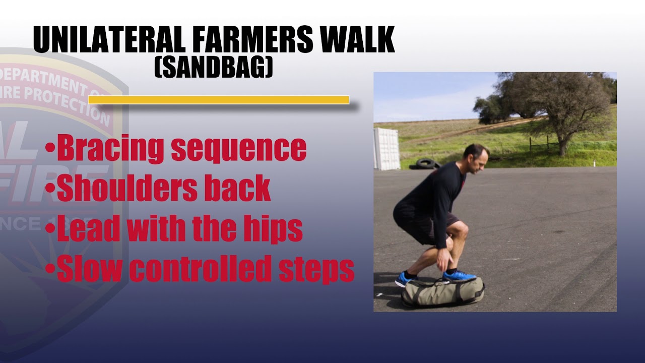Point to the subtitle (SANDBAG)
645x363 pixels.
tap(213, 67)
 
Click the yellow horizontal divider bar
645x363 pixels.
tap(218, 100)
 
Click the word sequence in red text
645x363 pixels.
tap(238, 149)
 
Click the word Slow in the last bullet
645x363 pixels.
tap(90, 268)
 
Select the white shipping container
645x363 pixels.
tap(386, 149)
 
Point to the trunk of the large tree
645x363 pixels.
tap(563, 144)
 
